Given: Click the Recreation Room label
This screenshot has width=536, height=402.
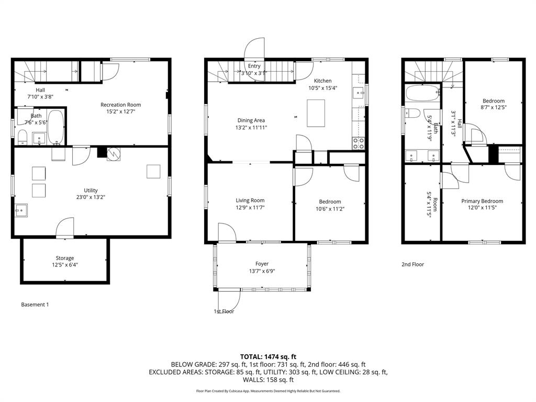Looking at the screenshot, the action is point(121,105).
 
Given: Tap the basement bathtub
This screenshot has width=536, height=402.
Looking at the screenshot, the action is point(55,127).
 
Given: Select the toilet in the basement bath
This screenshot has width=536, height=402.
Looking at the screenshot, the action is point(22,137).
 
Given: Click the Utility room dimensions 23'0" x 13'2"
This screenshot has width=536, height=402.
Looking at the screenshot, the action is point(91,197).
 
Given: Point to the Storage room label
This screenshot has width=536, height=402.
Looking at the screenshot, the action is point(65,258).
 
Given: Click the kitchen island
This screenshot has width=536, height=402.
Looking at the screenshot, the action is point(316,113).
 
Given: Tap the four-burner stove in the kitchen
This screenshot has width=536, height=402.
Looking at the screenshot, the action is point(358,143).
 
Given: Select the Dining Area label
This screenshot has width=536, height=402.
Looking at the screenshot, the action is point(251,120).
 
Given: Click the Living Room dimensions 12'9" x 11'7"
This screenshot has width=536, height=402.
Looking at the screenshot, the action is point(250,207).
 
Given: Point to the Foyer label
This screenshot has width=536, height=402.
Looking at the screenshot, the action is point(262,264).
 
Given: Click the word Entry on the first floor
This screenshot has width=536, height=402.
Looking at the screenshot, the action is point(254,66).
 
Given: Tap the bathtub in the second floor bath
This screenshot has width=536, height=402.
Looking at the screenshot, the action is point(422,93).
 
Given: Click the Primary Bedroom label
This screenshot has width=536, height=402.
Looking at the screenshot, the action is point(482,201).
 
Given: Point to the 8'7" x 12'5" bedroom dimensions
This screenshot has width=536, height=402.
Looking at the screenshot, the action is point(494,107).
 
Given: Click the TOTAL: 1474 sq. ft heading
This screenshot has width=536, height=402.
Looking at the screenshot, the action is point(268,357).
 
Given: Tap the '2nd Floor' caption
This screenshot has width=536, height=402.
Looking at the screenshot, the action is point(412,264).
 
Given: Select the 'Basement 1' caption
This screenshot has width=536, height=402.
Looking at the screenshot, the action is point(35,305).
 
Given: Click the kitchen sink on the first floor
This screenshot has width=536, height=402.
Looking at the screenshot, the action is point(358,93).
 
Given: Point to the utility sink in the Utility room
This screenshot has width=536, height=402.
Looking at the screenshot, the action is point(21,210).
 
